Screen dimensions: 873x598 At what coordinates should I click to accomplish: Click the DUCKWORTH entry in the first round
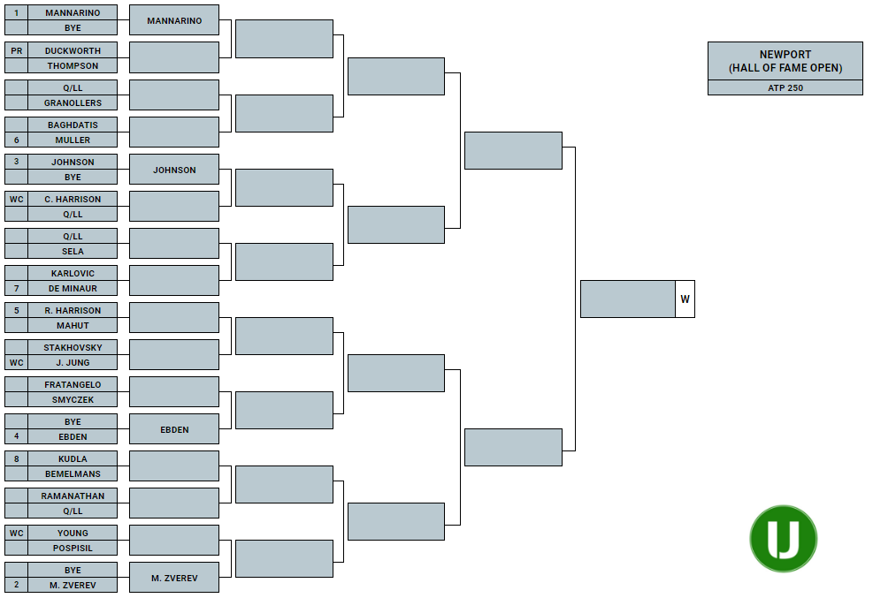[x=73, y=50]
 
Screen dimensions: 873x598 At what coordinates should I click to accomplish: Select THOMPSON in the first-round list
[x=73, y=65]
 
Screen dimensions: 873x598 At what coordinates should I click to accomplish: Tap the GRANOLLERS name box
[x=73, y=102]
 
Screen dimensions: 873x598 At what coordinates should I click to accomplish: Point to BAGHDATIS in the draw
[x=73, y=125]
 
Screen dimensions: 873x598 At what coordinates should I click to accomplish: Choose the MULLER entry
[x=73, y=140]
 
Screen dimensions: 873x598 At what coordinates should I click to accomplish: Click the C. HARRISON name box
[x=73, y=199]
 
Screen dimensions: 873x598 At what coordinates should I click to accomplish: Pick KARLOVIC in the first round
[x=73, y=273]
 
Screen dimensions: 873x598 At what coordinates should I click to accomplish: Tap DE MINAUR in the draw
[x=73, y=289]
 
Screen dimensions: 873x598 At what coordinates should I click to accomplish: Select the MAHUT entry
[x=73, y=326]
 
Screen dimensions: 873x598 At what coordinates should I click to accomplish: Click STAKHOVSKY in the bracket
[x=73, y=347]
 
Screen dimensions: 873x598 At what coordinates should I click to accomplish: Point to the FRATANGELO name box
[x=73, y=384]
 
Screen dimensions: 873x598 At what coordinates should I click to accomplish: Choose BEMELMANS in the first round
[x=73, y=474]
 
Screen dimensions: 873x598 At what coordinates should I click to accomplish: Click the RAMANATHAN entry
[x=73, y=496]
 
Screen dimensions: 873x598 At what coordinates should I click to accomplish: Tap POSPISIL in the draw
[x=73, y=548]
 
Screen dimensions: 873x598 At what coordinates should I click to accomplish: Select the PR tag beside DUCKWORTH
[x=16, y=50]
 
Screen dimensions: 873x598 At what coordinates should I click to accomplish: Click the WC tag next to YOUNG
[x=16, y=533]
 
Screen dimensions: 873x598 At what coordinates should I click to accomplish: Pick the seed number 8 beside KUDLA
[x=16, y=458]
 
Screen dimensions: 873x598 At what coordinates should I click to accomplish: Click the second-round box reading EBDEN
[x=174, y=429]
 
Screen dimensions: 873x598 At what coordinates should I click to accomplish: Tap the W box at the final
[x=685, y=299]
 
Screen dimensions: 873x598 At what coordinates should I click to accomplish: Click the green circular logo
[x=784, y=539]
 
